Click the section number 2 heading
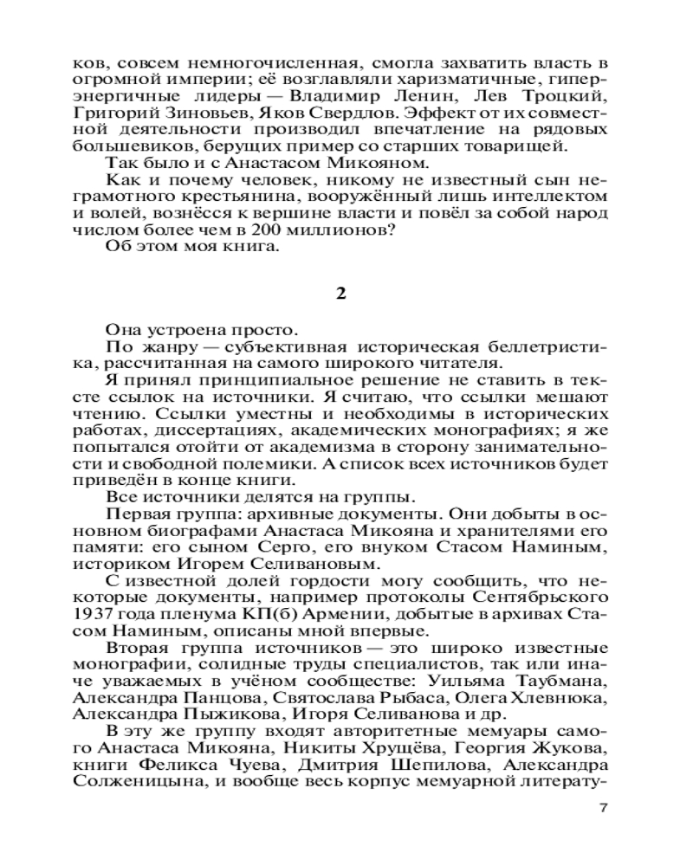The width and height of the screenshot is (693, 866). click(x=340, y=293)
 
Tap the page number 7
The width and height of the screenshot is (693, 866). click(x=604, y=809)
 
